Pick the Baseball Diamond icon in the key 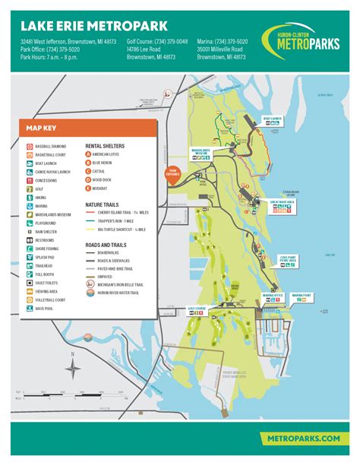coord(27,144)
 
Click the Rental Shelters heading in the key coord(105,144)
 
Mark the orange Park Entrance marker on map coord(171,173)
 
